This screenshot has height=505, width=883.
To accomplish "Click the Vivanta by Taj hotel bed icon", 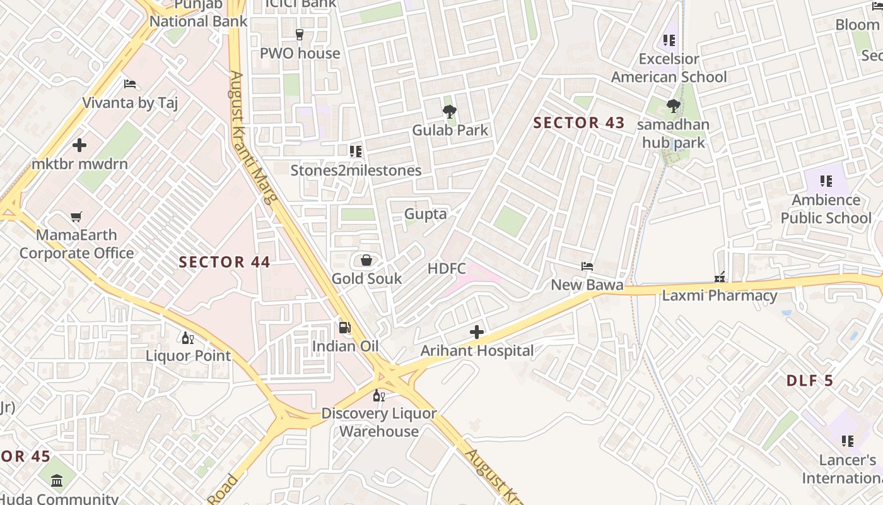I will tap(130, 84).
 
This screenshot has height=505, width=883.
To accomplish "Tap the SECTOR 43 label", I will tap(578, 123).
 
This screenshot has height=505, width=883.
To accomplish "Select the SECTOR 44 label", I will tap(225, 262).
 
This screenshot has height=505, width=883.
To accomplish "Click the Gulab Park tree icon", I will tap(450, 112).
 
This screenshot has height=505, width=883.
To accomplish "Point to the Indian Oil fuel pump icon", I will tap(345, 328).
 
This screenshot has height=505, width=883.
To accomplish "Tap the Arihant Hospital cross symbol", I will tap(477, 332).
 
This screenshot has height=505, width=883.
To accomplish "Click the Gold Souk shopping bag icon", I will tap(366, 260).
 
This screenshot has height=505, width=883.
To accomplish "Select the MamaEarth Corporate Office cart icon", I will tap(76, 217).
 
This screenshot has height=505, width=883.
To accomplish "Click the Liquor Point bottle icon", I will tap(187, 338).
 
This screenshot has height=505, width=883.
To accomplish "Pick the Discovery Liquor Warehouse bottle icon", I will tap(378, 396).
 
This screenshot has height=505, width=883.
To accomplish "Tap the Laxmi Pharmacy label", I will tap(719, 295).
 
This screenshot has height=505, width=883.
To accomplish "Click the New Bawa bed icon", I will tap(587, 266).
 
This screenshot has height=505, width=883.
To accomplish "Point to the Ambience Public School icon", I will tap(826, 182).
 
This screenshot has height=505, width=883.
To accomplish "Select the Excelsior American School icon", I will tap(669, 41).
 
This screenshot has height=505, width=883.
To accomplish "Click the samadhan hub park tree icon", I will tap(673, 106).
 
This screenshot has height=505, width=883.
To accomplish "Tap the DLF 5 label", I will tap(809, 381).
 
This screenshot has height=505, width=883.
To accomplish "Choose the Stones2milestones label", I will tap(356, 170).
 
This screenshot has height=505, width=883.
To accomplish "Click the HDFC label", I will tap(447, 269).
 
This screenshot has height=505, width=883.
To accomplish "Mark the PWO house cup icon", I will tap(300, 35).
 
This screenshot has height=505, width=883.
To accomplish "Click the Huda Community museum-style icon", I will tap(57, 480).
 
